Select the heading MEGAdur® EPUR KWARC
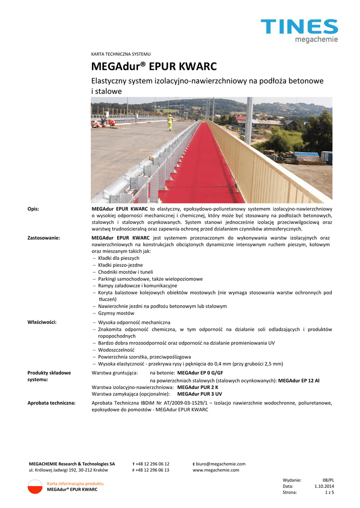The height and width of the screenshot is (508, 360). (154, 66)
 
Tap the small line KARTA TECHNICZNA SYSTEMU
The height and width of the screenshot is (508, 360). (121, 54)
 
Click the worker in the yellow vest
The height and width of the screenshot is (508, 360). (170, 122)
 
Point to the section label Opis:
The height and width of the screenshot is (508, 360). (33, 209)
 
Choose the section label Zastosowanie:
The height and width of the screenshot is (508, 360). (44, 238)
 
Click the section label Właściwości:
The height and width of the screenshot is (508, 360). (42, 322)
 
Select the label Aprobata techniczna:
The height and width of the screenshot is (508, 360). (51, 403)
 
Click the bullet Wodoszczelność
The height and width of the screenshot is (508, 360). (116, 350)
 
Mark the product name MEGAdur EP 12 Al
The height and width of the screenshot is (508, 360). (298, 381)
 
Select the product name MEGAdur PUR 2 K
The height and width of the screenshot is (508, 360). (198, 387)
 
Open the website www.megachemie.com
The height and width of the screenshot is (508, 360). (216, 470)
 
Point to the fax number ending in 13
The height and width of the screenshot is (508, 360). (152, 470)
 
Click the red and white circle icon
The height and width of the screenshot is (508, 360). (35, 486)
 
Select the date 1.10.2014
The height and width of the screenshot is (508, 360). (324, 486)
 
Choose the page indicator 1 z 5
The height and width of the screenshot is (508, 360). (329, 493)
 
